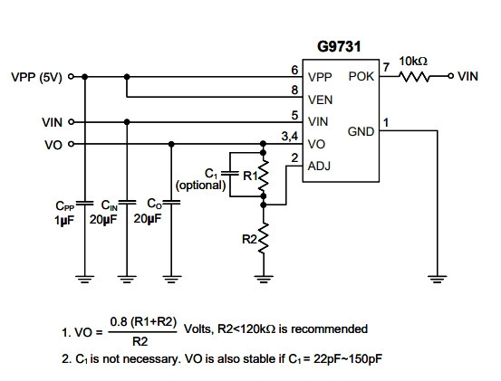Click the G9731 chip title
pos(339,46)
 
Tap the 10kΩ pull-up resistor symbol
pos(414,77)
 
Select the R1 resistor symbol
pos(264,176)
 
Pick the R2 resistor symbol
pos(264,239)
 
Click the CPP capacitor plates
pos(84,204)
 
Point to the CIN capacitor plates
pos(127,203)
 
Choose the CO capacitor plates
pos(171,203)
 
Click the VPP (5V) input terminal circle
pos(72,77)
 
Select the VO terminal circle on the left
pos(72,144)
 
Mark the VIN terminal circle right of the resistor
pos(450,76)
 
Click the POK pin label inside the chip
pos(361,77)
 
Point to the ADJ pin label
pos(319,166)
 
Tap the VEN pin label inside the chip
pos(320,100)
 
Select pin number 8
pos(294,90)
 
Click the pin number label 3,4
pos(290,137)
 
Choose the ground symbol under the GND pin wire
pos(437,280)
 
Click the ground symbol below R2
pos(264,280)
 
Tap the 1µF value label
pos(64,220)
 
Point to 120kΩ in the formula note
pos(257,329)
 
